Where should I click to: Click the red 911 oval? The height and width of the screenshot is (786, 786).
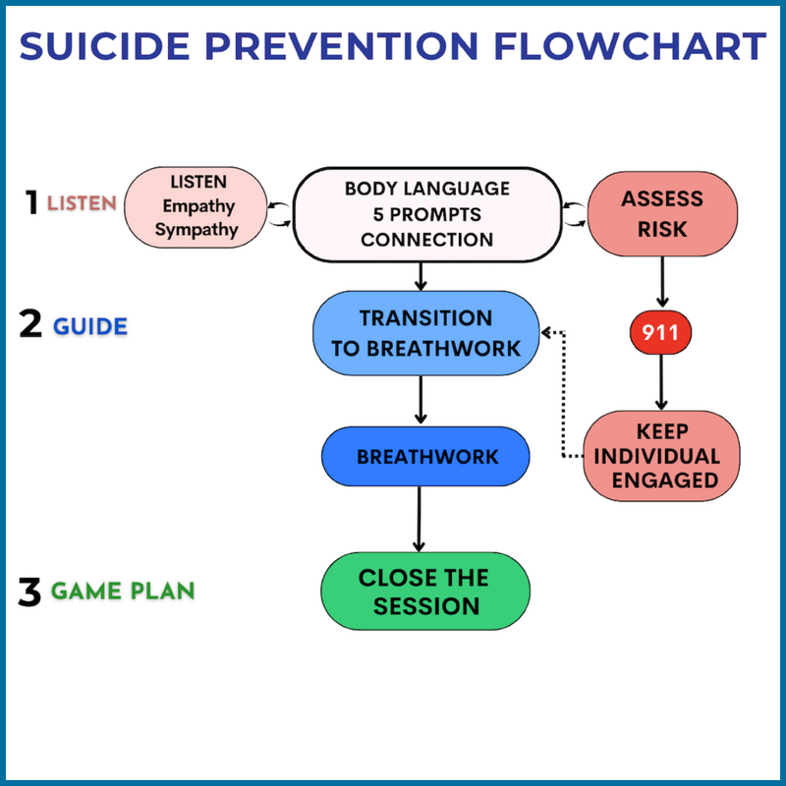[661, 334]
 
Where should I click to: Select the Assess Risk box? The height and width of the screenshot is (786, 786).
[661, 213]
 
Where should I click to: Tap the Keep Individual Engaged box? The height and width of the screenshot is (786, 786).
[661, 456]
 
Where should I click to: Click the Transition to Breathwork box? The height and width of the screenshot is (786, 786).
[425, 333]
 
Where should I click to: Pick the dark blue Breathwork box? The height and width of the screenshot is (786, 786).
[425, 456]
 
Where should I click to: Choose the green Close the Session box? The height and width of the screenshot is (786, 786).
[425, 590]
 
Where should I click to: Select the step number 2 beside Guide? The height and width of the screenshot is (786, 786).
[30, 324]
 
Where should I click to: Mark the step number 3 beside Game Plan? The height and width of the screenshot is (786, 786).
[30, 591]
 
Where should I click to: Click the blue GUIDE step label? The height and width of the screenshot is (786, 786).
[89, 326]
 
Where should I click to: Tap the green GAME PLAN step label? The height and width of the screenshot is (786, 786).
[122, 591]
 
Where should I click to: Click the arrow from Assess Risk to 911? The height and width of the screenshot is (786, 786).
[661, 282]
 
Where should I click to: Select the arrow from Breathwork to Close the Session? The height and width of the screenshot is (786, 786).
[420, 518]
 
